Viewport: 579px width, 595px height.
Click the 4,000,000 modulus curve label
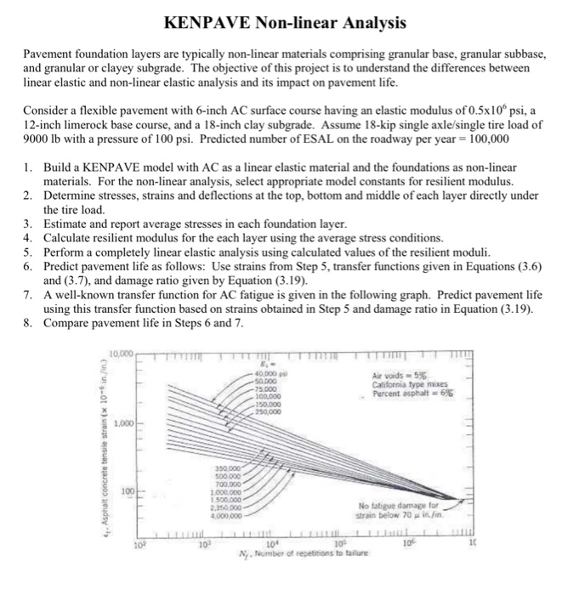230,514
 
